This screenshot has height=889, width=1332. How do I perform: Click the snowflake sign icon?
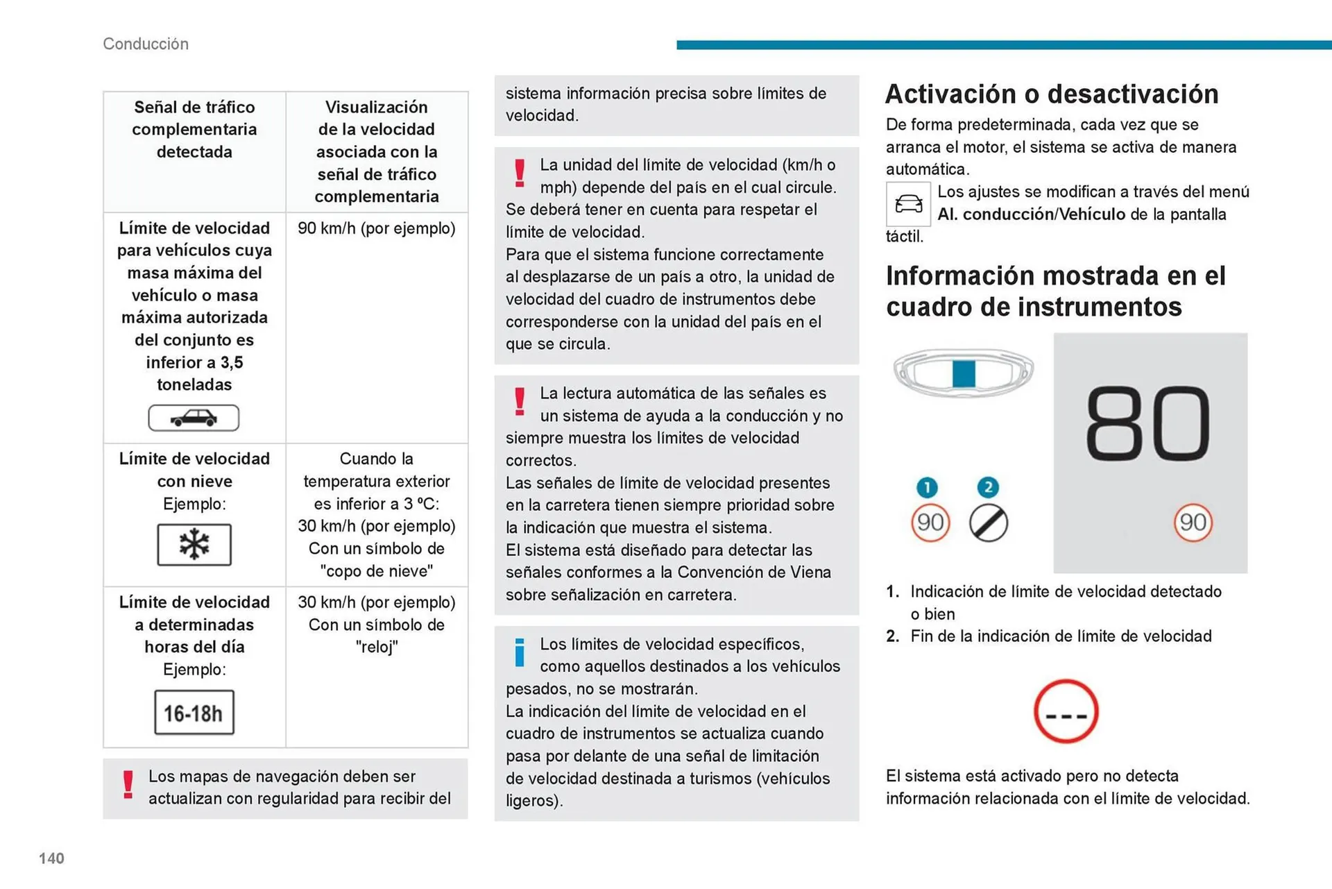(x=194, y=545)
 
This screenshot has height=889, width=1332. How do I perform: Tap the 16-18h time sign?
(x=194, y=712)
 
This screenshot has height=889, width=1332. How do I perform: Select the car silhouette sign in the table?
(x=194, y=418)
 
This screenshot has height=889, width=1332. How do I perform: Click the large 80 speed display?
(x=1147, y=425)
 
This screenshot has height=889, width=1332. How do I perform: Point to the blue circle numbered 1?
(x=927, y=487)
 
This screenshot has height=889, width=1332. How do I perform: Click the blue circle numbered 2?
(x=988, y=487)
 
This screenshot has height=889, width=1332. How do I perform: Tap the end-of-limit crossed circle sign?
(x=988, y=523)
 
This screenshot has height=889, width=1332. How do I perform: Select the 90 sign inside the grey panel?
(x=1193, y=522)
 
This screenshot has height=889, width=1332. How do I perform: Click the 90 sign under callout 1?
(x=930, y=522)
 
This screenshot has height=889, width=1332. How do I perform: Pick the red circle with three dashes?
(x=1066, y=711)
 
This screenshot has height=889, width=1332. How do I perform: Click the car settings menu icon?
(x=908, y=204)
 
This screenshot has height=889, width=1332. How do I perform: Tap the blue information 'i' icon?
(x=520, y=652)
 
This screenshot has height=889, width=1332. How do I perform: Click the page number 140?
(x=51, y=858)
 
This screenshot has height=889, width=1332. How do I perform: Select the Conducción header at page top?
(x=146, y=44)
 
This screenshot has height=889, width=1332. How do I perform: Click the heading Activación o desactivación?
(x=1052, y=94)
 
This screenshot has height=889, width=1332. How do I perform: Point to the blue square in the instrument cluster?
(x=964, y=373)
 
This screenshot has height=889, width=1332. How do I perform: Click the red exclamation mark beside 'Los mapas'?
(x=128, y=785)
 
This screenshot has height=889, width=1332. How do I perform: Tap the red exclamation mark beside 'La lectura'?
(x=520, y=402)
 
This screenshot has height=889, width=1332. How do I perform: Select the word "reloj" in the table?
(x=377, y=647)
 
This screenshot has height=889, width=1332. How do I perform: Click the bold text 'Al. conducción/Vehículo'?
(x=1031, y=214)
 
